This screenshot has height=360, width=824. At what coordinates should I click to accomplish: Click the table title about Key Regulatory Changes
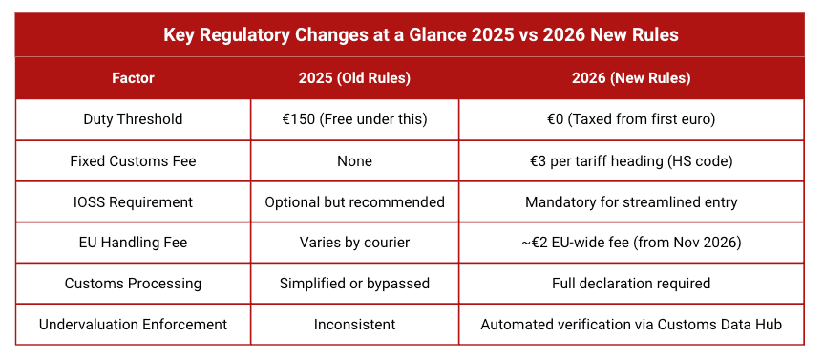point(412,35)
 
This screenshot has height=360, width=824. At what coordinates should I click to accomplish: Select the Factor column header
point(133,78)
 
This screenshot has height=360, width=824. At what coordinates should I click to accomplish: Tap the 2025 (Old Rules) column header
point(354,78)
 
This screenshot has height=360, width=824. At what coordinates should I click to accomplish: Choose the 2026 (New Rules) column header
point(631,78)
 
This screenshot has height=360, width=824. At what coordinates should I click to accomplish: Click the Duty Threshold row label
point(133,119)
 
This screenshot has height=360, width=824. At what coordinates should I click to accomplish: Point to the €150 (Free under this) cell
point(354,119)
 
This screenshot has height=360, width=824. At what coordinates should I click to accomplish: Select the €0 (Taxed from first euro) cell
point(631,119)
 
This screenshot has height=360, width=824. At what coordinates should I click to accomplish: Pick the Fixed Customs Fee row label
point(133,160)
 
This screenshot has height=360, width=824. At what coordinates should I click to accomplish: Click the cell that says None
point(354,160)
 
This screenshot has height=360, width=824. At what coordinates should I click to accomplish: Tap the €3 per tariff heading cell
point(631,160)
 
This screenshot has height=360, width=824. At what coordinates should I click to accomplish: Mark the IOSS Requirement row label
point(133,201)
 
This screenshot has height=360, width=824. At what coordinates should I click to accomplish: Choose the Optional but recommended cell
point(354,201)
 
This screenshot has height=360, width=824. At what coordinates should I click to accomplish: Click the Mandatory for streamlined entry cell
point(631,201)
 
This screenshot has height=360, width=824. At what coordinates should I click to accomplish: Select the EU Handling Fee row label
point(133,243)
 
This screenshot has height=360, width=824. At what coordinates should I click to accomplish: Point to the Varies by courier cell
point(354,243)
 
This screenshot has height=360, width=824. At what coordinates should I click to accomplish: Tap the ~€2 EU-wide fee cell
point(631,243)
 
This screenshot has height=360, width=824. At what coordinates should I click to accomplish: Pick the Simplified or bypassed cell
point(354,284)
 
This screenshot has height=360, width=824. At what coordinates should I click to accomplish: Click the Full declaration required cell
point(631,284)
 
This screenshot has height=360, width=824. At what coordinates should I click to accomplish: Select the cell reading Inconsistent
point(354,325)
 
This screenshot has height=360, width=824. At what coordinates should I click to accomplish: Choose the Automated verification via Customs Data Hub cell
point(631,325)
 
